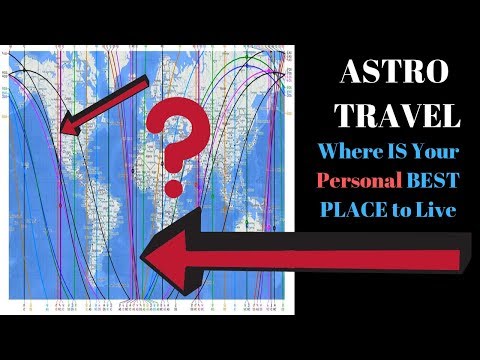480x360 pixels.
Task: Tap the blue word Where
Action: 344,153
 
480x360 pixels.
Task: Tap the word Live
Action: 432,210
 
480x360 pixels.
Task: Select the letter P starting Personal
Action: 322,181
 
